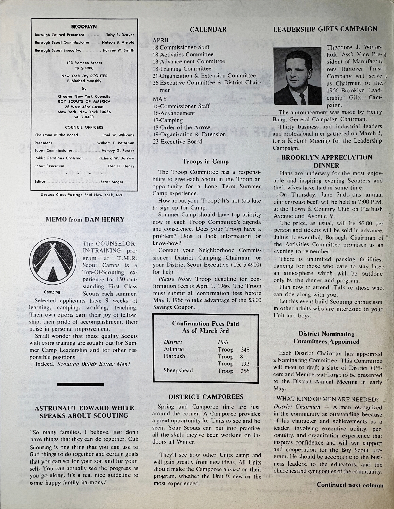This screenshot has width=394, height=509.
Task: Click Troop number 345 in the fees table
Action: [245, 349]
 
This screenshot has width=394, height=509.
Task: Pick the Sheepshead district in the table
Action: [178, 370]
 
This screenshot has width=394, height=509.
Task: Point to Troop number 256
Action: [245, 371]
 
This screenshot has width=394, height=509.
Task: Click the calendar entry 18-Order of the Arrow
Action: [182, 127]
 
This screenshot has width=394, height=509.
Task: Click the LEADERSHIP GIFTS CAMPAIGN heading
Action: [325, 29]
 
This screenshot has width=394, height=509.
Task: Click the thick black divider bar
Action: [81, 384]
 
